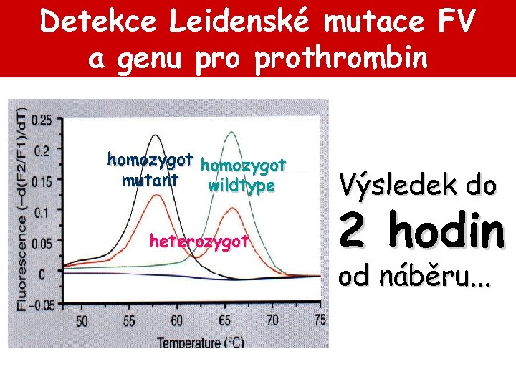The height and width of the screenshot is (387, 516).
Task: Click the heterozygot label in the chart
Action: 199,239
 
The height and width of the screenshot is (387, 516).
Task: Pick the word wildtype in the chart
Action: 242,186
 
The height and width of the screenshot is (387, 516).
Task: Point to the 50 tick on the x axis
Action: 82,322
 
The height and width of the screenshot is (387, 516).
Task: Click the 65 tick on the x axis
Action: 225,322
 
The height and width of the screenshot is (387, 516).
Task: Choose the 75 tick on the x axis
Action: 320,322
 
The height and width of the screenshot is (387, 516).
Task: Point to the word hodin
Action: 440,231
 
